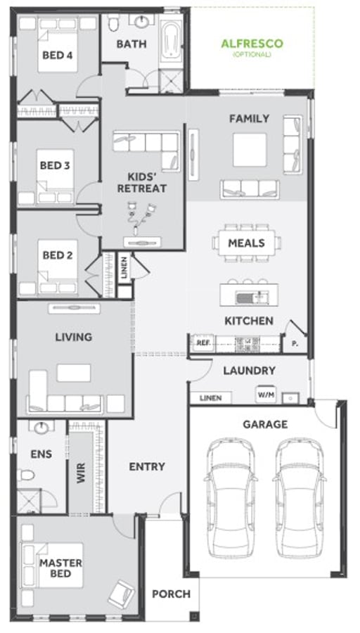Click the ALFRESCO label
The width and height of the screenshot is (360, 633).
pyautogui.click(x=252, y=44)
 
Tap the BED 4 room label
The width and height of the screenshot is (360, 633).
pyautogui.click(x=58, y=55)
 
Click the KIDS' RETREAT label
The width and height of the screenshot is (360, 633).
pyautogui.click(x=146, y=182)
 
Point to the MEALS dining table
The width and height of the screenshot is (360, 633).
pyautogui.click(x=246, y=243)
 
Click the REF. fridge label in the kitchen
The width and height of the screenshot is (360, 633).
pyautogui.click(x=203, y=343)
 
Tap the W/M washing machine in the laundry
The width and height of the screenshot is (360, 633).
pyautogui.click(x=265, y=395)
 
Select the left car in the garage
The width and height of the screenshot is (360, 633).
pyautogui.click(x=230, y=485)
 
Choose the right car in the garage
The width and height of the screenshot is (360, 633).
pyautogui.click(x=300, y=485)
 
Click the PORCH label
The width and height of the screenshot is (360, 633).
pyautogui.click(x=171, y=594)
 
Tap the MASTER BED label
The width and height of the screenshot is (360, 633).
pyautogui.click(x=60, y=568)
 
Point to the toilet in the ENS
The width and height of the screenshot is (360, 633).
pyautogui.click(x=26, y=475)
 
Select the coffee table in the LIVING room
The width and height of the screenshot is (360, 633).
pyautogui.click(x=74, y=373)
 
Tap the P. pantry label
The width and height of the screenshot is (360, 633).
pyautogui.click(x=293, y=344)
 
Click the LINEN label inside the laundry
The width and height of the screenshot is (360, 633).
pyautogui.click(x=210, y=398)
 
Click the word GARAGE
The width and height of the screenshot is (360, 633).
pyautogui.click(x=265, y=424)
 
